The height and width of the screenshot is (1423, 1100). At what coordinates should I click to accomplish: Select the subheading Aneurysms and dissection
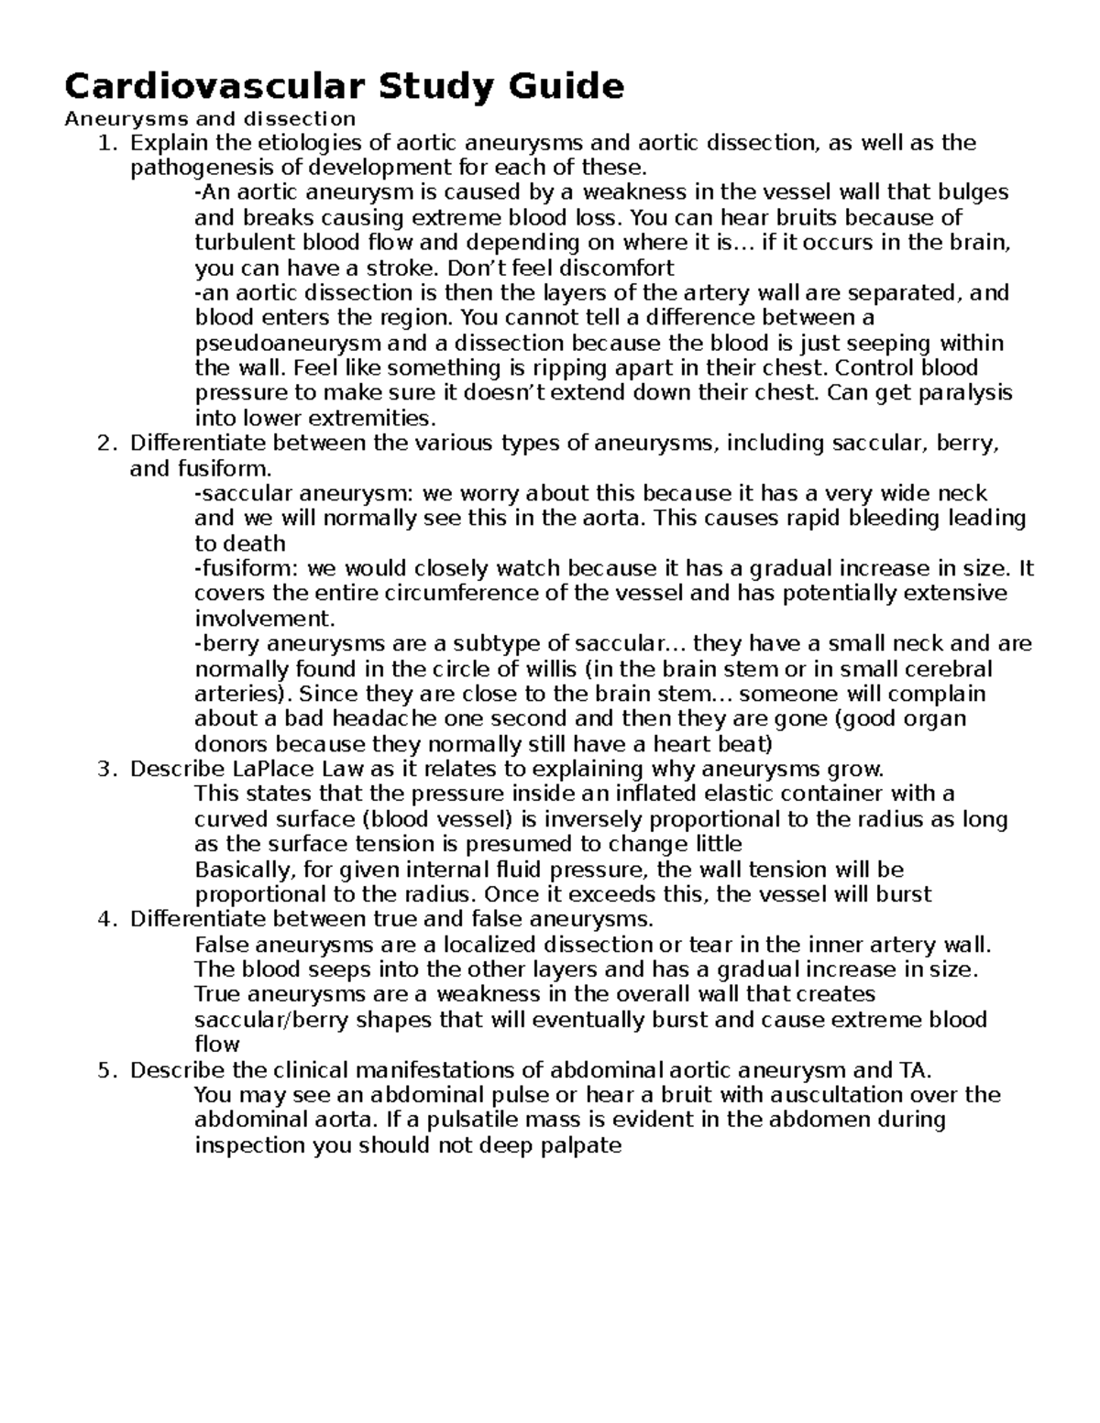click(209, 118)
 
